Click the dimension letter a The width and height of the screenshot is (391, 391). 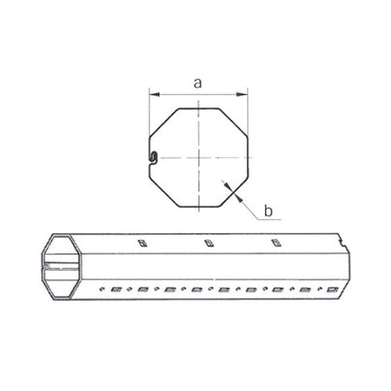[198, 83]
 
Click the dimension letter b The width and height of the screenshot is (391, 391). [268, 210]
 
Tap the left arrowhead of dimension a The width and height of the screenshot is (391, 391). [152, 94]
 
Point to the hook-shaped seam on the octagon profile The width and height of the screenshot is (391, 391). [152, 157]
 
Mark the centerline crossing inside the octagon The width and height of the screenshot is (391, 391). [198, 157]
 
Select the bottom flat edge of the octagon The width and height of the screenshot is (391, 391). [198, 207]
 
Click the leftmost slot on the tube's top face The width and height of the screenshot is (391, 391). [141, 242]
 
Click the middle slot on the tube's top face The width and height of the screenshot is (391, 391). [207, 242]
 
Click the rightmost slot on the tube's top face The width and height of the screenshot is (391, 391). [274, 242]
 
